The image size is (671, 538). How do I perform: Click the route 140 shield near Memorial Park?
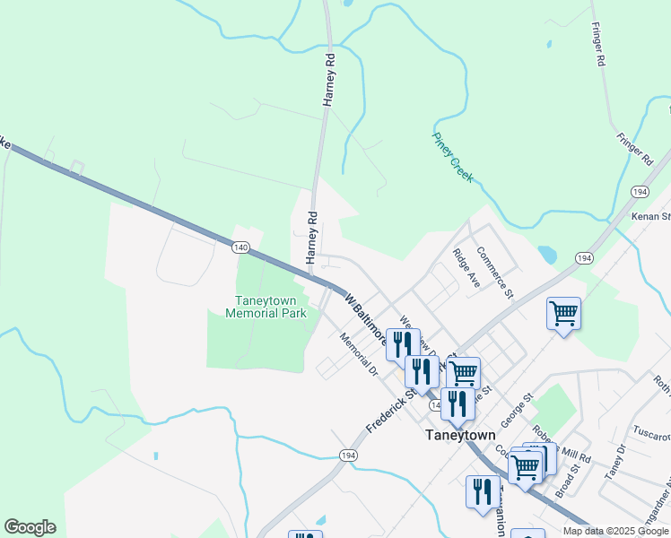click(x=240, y=246)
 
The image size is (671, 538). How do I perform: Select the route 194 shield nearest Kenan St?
click(x=640, y=192)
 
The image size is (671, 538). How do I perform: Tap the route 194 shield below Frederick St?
click(x=346, y=456)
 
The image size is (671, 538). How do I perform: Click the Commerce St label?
click(x=494, y=273)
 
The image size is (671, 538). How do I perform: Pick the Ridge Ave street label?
click(x=466, y=268)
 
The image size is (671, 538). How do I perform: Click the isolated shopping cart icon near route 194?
click(x=563, y=314)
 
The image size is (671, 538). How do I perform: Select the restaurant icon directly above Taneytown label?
click(x=458, y=403)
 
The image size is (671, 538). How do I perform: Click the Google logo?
click(x=30, y=527)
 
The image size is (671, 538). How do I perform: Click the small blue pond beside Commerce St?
click(x=547, y=255)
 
